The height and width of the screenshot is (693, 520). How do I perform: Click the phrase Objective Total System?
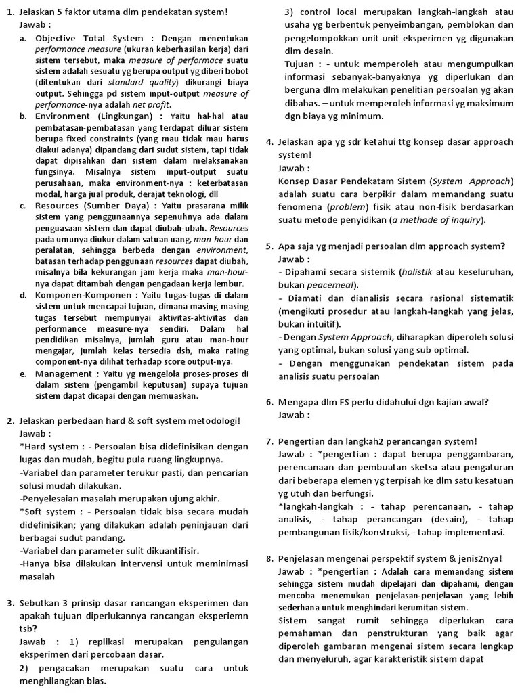pos(84,39)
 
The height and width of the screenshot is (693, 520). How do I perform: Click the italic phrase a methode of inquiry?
pos(437,220)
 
